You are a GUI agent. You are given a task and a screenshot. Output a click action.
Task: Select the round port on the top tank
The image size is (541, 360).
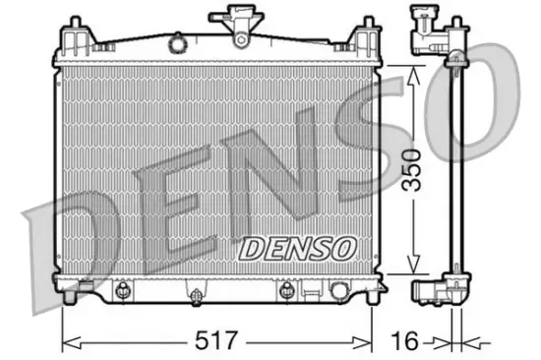pyautogui.click(x=178, y=43)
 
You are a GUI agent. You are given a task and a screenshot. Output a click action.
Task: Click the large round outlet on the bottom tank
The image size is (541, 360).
pyautogui.click(x=339, y=291)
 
